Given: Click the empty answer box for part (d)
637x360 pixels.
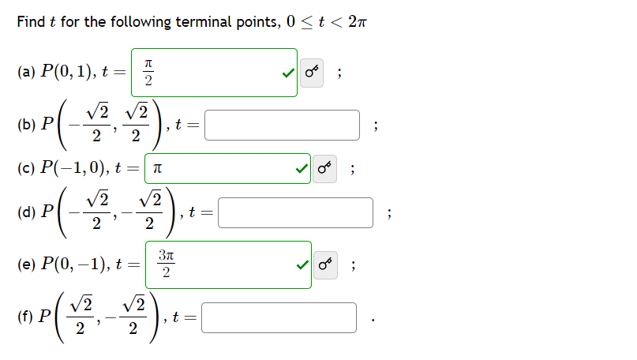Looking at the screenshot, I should [x=294, y=212].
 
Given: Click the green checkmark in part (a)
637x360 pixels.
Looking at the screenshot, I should [x=288, y=73].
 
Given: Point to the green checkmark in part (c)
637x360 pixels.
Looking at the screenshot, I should [x=301, y=168].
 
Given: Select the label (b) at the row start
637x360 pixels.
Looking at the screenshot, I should [x=24, y=124].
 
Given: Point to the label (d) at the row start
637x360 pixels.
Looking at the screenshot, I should [x=24, y=212].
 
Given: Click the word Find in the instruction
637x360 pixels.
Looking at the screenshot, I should [x=31, y=21].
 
